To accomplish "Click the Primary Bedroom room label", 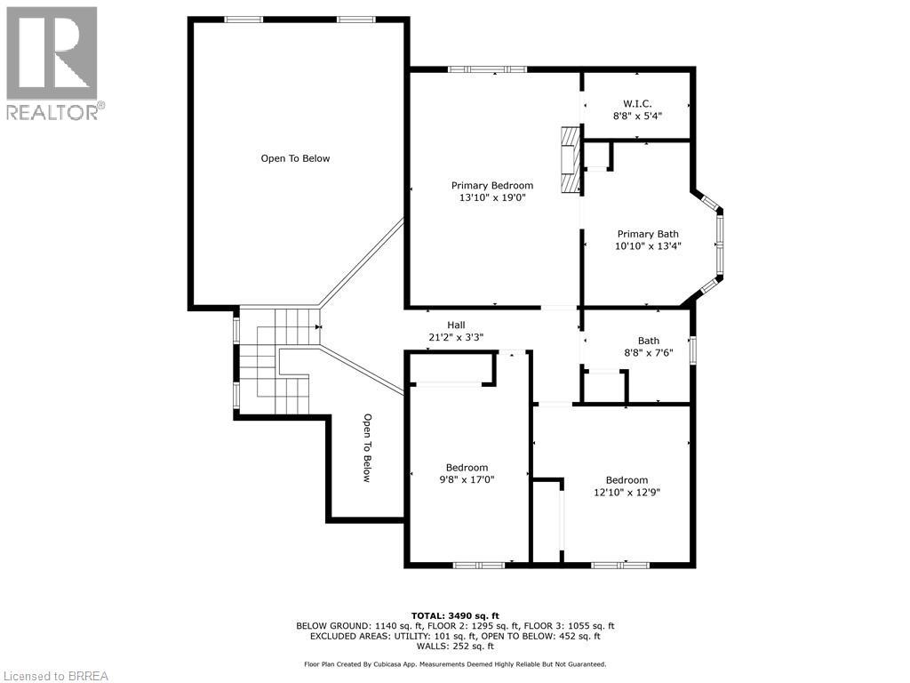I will [492, 186].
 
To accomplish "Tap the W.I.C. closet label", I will [637, 103].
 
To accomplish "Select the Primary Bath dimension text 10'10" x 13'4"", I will [649, 246].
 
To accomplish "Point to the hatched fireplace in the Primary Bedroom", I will [570, 159].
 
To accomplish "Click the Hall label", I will [456, 325].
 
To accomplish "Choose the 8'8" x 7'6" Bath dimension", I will [649, 352].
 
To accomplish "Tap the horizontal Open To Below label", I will [295, 158].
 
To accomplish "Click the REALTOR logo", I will [52, 62].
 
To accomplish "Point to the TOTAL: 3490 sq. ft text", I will [455, 615].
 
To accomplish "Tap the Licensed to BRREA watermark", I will [55, 676].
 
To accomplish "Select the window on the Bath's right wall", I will [692, 350].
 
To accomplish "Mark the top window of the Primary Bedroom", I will [487, 69].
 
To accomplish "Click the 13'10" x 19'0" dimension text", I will [492, 198].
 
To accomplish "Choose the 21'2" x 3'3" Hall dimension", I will [456, 337].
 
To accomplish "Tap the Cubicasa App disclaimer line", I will [455, 663].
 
